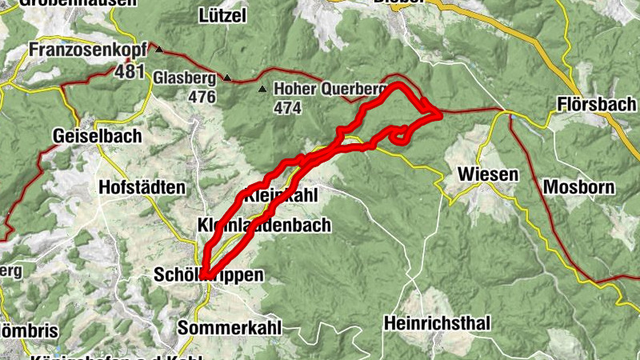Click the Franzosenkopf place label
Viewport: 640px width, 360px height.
(x=88, y=51)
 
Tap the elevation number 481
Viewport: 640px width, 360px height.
(x=129, y=72)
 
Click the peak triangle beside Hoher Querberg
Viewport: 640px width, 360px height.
(x=262, y=89)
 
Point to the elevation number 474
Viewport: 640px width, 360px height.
(x=288, y=106)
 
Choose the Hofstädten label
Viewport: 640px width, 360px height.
(x=141, y=187)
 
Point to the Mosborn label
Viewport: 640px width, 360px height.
(x=578, y=187)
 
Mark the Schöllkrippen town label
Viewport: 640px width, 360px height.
(x=208, y=275)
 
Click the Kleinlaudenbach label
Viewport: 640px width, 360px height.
(x=263, y=226)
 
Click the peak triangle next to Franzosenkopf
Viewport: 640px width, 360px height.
(x=158, y=50)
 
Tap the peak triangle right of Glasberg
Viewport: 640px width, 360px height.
(x=228, y=78)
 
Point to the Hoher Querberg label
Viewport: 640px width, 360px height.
(x=328, y=90)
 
